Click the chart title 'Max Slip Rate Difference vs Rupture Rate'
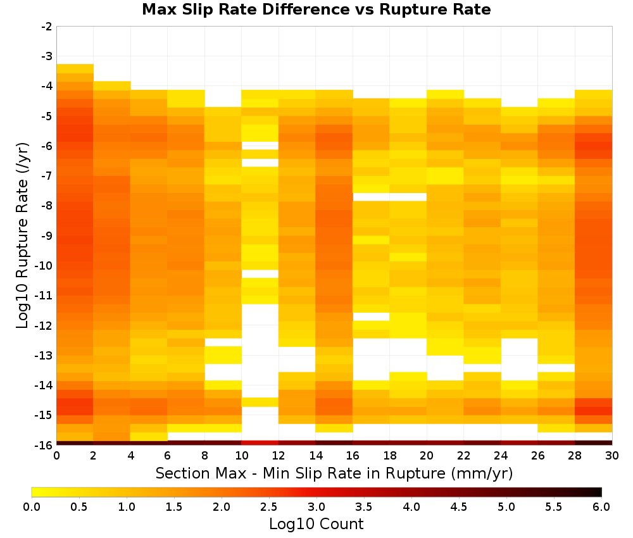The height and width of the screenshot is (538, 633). pos(316,9)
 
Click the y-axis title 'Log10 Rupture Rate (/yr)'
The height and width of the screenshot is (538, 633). pos(23,235)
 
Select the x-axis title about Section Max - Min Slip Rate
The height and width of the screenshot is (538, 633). pos(334,473)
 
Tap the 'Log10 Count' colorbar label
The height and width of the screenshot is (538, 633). pos(316,524)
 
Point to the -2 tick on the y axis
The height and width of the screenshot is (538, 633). pos(47,27)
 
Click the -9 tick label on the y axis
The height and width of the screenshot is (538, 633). pos(47,235)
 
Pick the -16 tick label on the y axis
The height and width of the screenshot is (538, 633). pos(44,445)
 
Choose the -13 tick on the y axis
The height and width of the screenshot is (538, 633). pos(44,356)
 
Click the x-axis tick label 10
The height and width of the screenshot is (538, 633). pos(241,456)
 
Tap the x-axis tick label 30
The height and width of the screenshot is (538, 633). pos(612,456)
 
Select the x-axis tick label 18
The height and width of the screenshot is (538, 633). pos(389,456)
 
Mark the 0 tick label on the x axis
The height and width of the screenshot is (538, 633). pos(56,456)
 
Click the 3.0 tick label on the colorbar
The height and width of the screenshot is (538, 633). pos(316,506)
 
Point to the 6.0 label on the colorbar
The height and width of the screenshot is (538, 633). pos(601,506)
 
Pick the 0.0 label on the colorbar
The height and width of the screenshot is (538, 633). pos(32,506)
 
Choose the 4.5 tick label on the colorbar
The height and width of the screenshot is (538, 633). pos(458,506)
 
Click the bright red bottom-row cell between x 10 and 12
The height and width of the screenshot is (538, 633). pos(260,443)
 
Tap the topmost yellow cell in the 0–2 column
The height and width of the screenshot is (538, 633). pos(75,68)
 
